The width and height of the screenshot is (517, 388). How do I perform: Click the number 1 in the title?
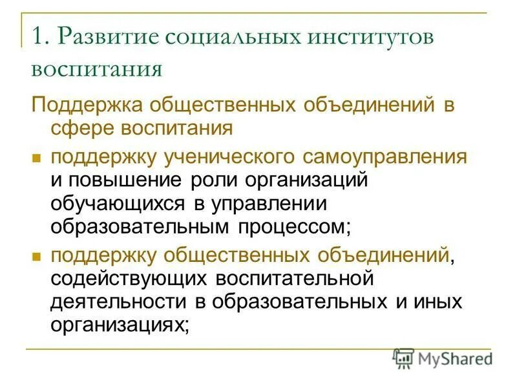pos(37,36)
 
